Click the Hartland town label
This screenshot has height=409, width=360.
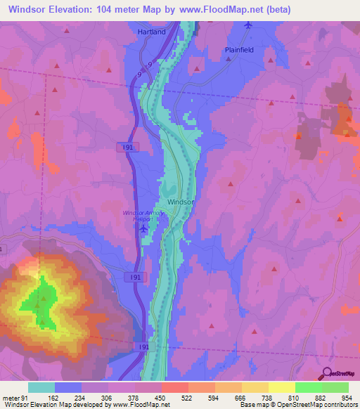151,32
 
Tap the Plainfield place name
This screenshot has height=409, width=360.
238,50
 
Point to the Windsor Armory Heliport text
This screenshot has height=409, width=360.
141,215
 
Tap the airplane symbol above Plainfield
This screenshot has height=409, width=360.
247,26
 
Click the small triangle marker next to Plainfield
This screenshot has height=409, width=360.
229,59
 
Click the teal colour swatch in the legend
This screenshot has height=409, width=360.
41,387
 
